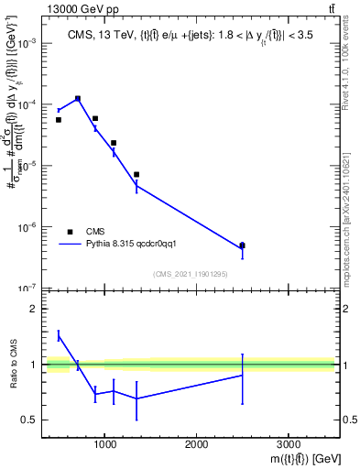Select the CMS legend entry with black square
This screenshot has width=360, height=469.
pos(70,233)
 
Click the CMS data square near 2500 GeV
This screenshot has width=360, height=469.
pos(242,245)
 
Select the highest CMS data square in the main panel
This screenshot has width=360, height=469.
pos(78,98)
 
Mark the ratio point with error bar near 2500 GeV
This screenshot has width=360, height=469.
pos(242,375)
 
